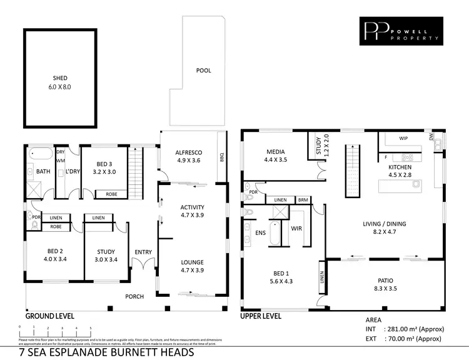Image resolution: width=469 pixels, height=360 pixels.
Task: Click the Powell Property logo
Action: pos(401,32)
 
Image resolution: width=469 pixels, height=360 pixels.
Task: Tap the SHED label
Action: pos(60,79)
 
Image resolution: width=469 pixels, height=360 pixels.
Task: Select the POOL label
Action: pos(203,71)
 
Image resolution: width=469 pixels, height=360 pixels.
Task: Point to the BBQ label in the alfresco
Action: pos(221,157)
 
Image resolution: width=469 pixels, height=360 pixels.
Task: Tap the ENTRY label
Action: pos(143,252)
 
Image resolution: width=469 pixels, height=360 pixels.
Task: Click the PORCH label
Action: pos(134,296)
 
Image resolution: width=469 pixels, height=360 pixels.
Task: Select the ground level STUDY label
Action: pos(106,251)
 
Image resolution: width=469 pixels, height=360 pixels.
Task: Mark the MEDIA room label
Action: pos(275,152)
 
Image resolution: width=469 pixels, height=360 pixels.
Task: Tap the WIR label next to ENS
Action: pos(296,229)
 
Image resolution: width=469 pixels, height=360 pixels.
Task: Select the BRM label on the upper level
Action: pos(303,199)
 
